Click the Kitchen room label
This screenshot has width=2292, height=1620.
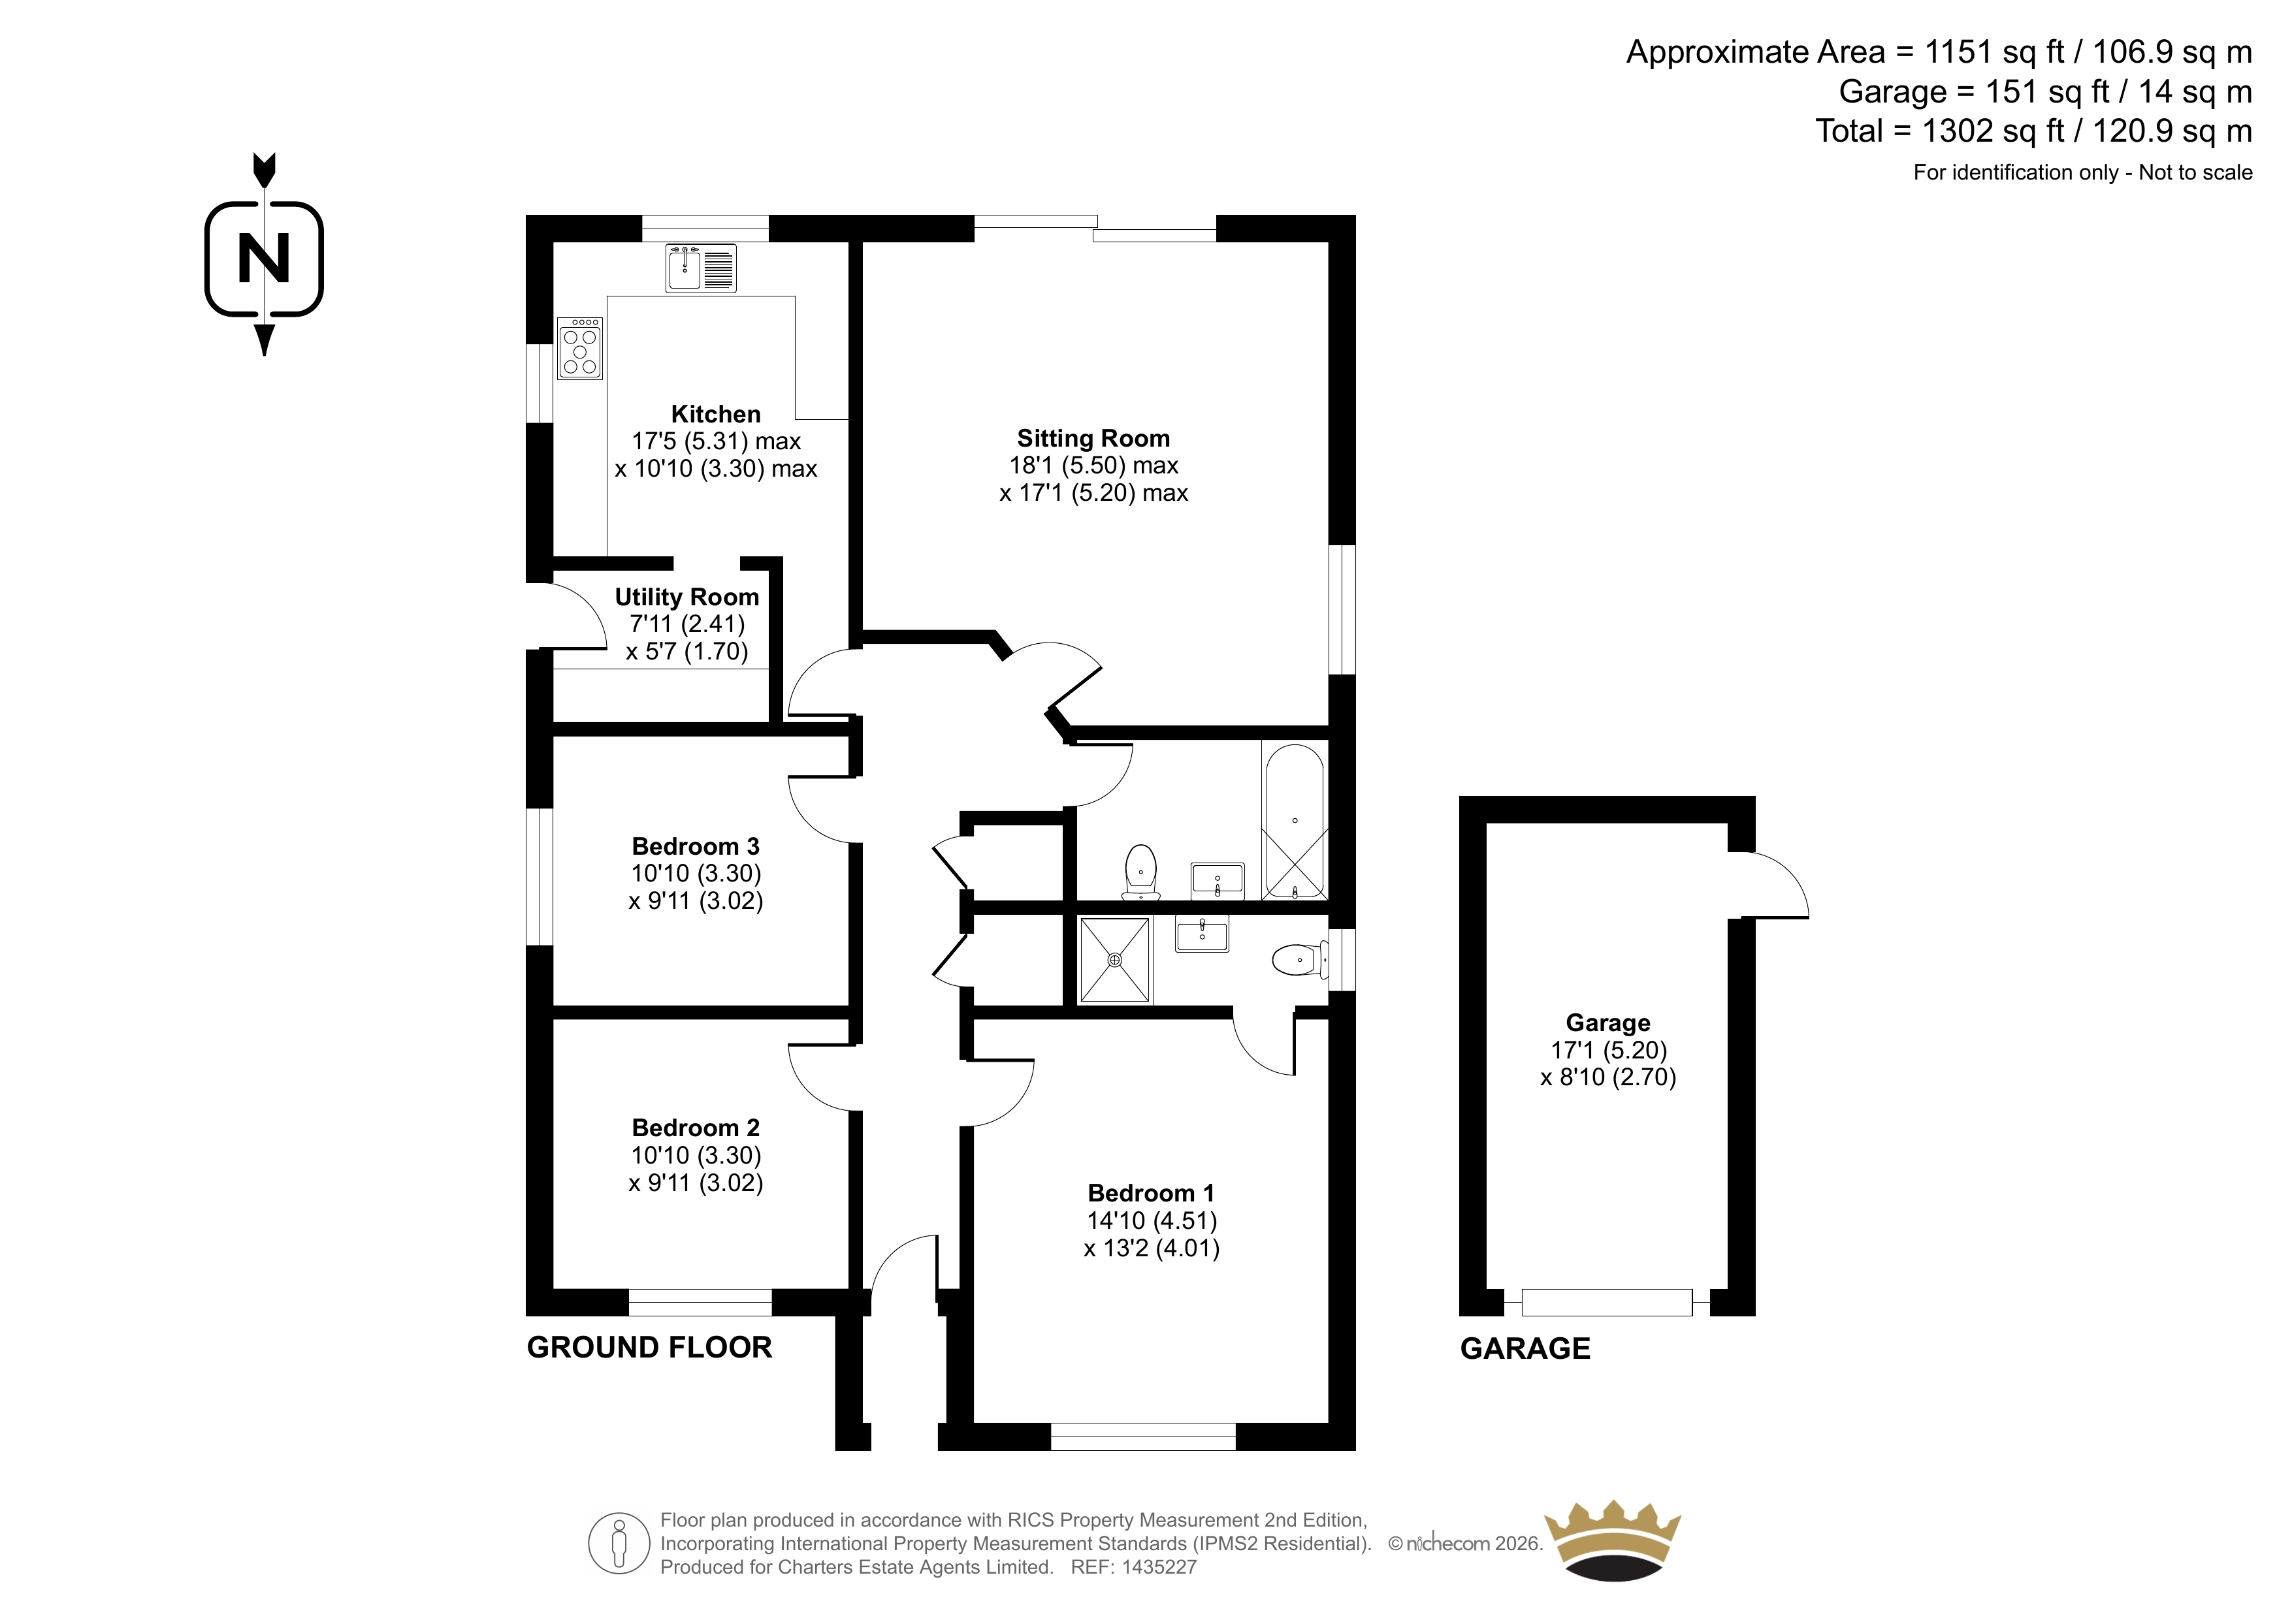tap(716, 414)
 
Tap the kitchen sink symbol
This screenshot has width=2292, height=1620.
tap(701, 268)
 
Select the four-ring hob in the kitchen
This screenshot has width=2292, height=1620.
tap(580, 348)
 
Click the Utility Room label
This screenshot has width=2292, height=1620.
tap(686, 597)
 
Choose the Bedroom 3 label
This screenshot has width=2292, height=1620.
tap(696, 846)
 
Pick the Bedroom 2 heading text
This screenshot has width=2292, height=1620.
tap(696, 1128)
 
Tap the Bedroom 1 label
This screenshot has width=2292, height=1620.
tap(1151, 1193)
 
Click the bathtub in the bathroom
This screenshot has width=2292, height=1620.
tap(1295, 821)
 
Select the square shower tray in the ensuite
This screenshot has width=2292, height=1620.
tap(1115, 959)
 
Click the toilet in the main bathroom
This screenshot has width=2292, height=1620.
tap(1141, 872)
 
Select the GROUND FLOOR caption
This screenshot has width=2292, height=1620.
tap(649, 1348)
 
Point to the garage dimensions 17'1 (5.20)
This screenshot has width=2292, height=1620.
tap(1608, 1050)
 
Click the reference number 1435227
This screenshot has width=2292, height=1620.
tap(1158, 1567)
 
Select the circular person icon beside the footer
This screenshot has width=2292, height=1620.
tap(619, 1543)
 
